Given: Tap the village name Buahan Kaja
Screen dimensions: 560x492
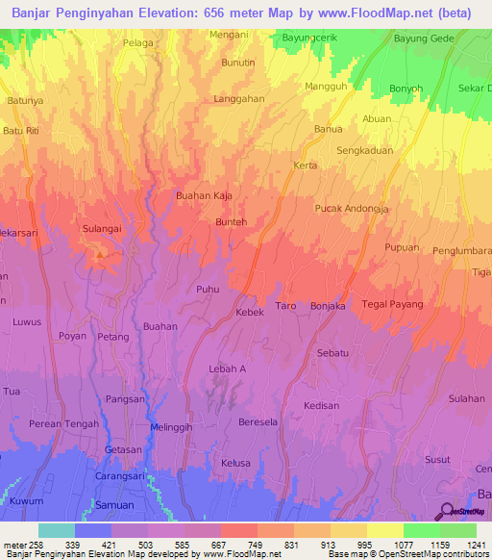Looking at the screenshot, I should tap(204, 195).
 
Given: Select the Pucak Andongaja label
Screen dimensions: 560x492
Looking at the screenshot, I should tap(352, 208).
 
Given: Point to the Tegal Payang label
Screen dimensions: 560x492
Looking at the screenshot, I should tap(393, 305).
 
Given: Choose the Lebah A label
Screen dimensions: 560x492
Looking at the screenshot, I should tap(228, 369).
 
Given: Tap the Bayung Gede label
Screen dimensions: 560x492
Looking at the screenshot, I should tap(423, 39).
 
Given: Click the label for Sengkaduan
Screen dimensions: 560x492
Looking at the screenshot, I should tap(366, 151).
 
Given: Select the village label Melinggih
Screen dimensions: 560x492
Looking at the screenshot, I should tap(173, 427).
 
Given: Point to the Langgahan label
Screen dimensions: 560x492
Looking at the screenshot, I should tap(238, 99).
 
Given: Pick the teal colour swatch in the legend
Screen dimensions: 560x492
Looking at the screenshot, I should tap(56, 530).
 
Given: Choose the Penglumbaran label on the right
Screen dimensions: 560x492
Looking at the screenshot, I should tap(448, 253).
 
